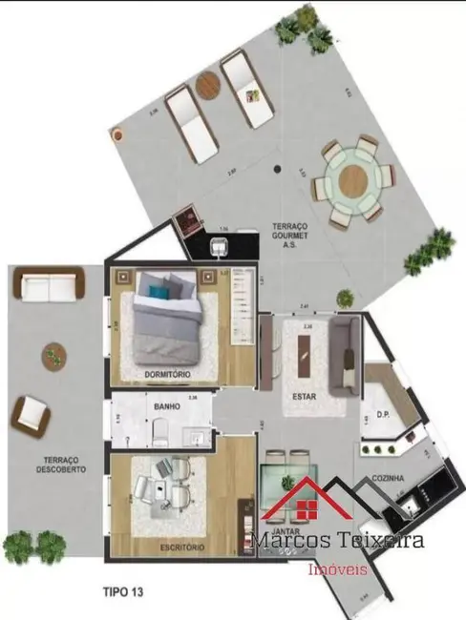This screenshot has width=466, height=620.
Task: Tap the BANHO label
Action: pyautogui.click(x=168, y=407)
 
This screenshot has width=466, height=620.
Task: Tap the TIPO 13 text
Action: pyautogui.click(x=124, y=591)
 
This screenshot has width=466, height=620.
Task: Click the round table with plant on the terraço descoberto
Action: pyautogui.click(x=53, y=358)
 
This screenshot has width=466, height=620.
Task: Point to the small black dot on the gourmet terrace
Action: pyautogui.click(x=277, y=170)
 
